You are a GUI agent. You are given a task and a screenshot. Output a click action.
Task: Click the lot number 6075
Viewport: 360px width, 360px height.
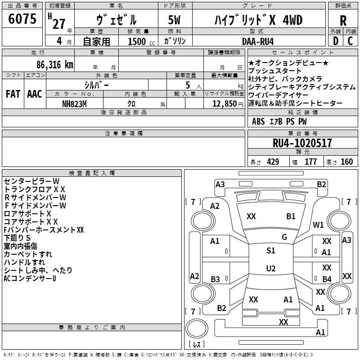coord(22,19)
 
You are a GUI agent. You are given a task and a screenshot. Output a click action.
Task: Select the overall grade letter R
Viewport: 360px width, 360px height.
coord(343,21)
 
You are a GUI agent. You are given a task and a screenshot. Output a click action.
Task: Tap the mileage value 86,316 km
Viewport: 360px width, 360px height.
coord(55,65)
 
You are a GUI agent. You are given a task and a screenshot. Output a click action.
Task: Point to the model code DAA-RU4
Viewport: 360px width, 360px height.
coord(258,41)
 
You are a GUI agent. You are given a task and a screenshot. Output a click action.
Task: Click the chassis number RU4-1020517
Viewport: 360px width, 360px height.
coord(302,143)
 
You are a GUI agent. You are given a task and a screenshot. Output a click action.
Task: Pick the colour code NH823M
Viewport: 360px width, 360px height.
coord(74,104)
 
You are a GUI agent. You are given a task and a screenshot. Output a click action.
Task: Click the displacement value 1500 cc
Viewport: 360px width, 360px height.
coord(141,41)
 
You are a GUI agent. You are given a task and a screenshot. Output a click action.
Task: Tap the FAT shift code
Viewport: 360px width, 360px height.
coord(13,94)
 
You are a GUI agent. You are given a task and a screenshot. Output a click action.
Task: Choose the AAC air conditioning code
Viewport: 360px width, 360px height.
coord(35,94)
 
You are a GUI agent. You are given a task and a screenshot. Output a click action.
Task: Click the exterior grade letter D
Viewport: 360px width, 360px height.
coord(336,41)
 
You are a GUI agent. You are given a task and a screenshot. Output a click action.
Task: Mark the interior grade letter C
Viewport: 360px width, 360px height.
coord(350,41)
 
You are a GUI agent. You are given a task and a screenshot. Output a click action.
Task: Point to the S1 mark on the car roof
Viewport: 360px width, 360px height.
coord(271,251)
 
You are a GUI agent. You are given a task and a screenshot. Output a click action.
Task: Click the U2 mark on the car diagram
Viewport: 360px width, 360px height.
coord(271,268)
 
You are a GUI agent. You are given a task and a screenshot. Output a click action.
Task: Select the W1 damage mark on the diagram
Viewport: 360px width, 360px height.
coord(318,225)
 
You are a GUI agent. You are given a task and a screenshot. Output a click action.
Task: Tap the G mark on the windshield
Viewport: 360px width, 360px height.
coord(284,237)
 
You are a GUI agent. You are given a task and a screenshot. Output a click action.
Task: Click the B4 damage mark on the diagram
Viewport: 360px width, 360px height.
coord(327,279)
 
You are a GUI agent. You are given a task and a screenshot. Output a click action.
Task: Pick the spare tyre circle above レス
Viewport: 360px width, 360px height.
coord(197,328)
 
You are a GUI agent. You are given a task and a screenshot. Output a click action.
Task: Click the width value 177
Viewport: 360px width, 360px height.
coord(310,162)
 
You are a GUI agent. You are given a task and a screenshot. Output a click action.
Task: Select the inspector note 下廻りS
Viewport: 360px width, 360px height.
coord(17,238)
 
